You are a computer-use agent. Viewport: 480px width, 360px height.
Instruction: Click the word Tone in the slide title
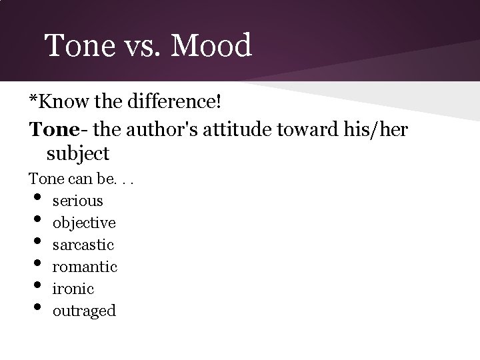(75, 46)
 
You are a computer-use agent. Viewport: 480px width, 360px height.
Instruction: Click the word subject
(78, 154)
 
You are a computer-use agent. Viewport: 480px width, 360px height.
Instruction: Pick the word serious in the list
(78, 200)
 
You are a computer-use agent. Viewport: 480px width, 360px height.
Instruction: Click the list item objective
(84, 222)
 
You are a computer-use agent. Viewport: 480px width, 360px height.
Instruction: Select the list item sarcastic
(83, 245)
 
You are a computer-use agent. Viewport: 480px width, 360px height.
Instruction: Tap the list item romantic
(85, 267)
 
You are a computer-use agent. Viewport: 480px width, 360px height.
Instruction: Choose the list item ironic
(73, 289)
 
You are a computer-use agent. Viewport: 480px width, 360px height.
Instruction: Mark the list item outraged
(84, 311)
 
